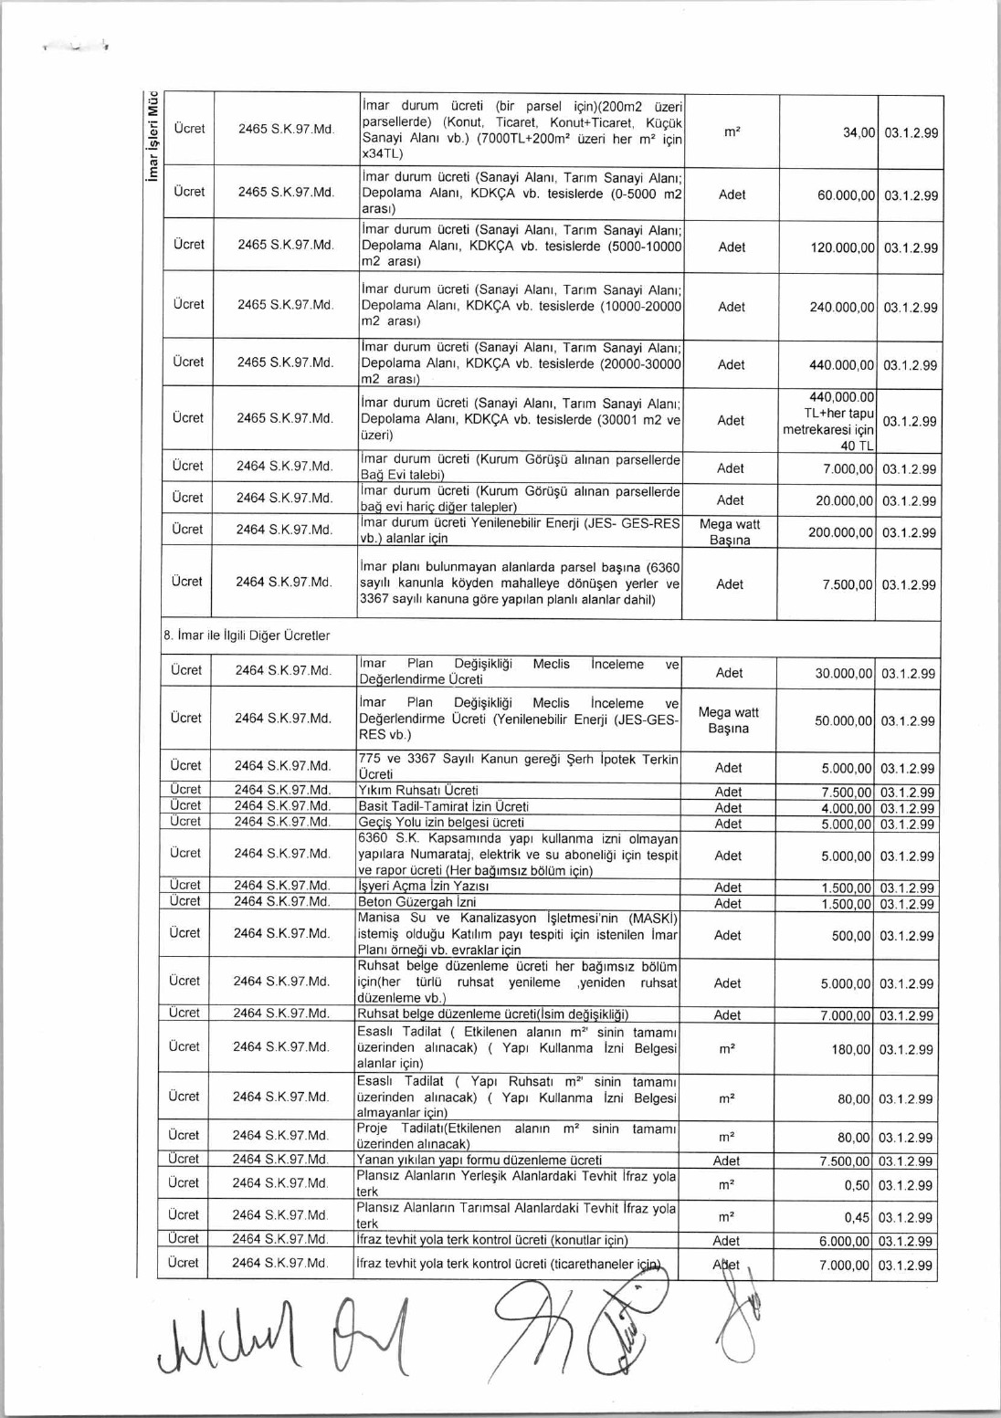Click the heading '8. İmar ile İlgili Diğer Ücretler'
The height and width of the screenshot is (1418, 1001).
(x=247, y=635)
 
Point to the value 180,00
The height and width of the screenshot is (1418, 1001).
(x=850, y=1050)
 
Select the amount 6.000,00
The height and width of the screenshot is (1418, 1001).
(x=845, y=1241)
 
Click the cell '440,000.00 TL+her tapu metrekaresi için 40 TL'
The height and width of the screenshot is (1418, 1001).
(x=828, y=421)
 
